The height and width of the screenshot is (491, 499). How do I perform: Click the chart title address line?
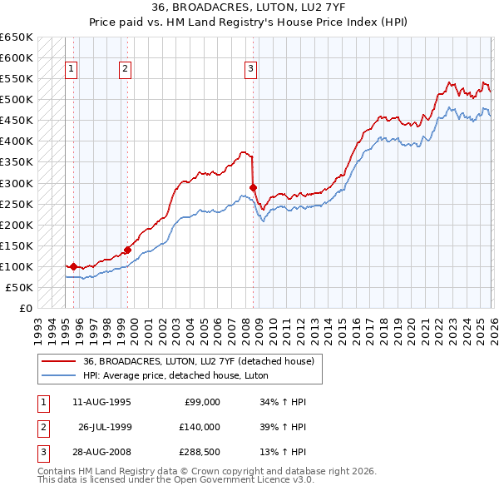(249, 7)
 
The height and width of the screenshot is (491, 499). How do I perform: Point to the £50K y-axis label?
(19, 287)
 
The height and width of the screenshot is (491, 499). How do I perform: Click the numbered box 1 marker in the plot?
(72, 69)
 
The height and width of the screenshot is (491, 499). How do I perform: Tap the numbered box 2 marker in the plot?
(125, 69)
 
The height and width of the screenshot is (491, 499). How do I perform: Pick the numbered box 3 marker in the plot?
(250, 69)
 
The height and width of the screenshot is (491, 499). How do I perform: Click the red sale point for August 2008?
(253, 187)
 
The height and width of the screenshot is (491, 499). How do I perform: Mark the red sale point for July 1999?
(127, 249)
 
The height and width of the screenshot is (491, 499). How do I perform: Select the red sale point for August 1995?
(73, 266)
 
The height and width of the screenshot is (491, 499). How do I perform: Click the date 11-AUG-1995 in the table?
(101, 402)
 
